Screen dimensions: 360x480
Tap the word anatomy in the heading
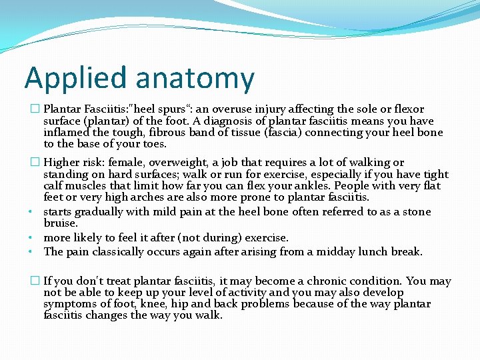pos(194,79)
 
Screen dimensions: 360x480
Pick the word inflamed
pos(65,133)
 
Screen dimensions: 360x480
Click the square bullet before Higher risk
pos(35,163)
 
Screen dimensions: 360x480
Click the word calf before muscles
pos(55,186)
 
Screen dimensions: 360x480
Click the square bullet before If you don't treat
pos(35,281)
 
